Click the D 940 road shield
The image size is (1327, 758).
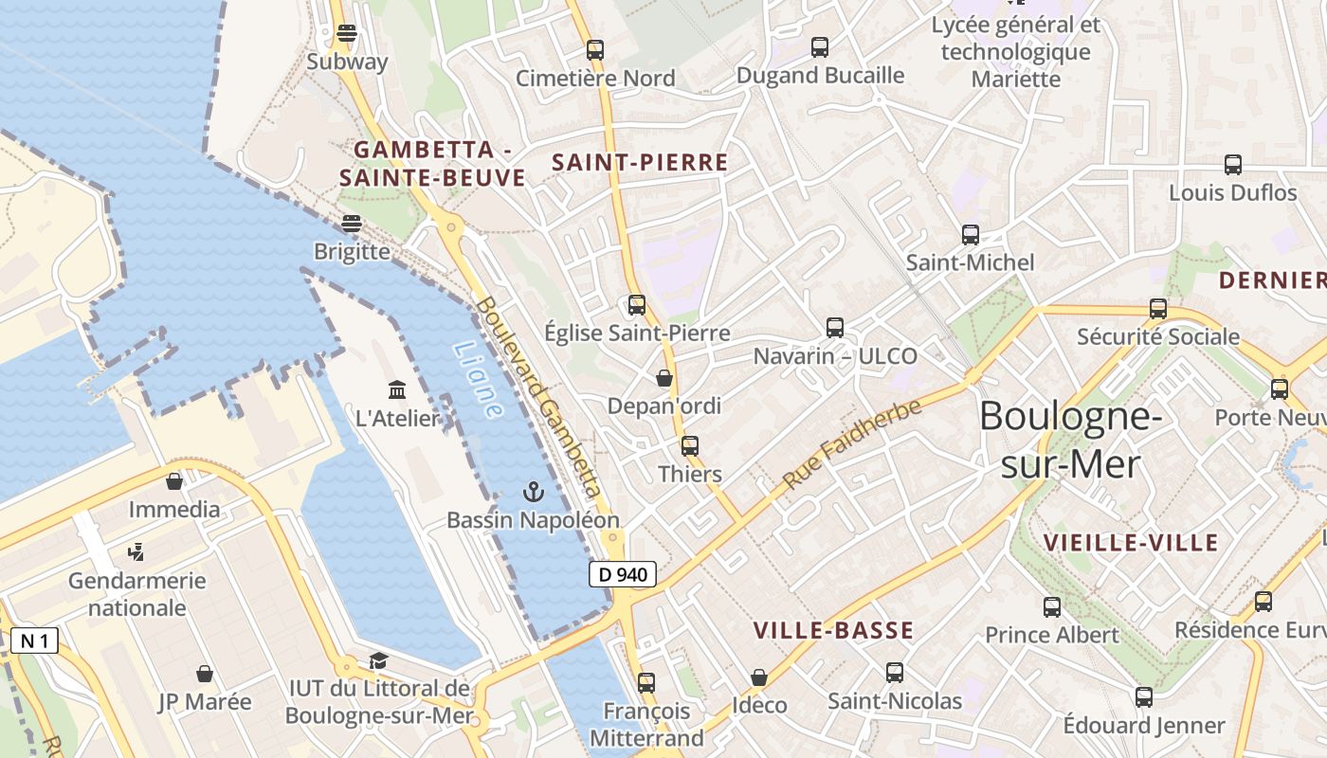coord(622,574)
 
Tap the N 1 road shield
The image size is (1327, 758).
coord(34,641)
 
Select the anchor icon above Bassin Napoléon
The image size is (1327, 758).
coord(534,492)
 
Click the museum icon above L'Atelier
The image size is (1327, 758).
coord(397,389)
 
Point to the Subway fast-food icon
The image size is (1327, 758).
coord(347,33)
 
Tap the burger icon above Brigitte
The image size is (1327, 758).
coord(352,224)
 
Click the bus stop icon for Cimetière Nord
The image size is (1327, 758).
coord(595,50)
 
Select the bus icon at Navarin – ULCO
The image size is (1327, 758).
coord(835,328)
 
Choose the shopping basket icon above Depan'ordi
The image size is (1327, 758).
coord(664,378)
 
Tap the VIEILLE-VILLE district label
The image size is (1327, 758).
coord(1130,543)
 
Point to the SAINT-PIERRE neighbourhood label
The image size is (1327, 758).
coord(640,163)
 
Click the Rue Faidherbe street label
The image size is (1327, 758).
coord(852,444)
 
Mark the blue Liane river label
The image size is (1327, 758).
coord(479,380)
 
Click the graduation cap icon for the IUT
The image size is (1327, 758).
coord(378,660)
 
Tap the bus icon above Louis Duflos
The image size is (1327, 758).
coord(1233,165)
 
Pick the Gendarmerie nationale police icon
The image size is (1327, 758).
coord(136,551)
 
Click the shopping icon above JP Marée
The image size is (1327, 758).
coord(205,674)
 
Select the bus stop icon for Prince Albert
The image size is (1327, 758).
coord(1052,606)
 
